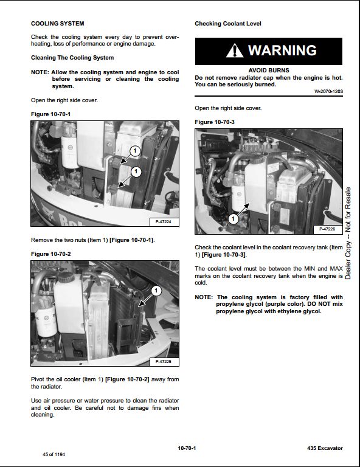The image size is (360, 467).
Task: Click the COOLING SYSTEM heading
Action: pyautogui.click(x=58, y=24)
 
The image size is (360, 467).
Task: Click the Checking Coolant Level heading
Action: pyautogui.click(x=228, y=24)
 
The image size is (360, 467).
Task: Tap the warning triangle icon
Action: pyautogui.click(x=235, y=50)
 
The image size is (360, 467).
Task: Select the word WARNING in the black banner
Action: pyautogui.click(x=282, y=50)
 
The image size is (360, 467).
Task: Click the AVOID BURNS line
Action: pyautogui.click(x=269, y=71)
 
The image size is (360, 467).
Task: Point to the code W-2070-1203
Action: pyautogui.click(x=328, y=91)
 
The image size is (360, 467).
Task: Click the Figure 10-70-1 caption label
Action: pyautogui.click(x=50, y=114)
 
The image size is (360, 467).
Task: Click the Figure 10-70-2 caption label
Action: pyautogui.click(x=50, y=254)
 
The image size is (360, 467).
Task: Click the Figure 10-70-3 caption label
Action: pyautogui.click(x=215, y=122)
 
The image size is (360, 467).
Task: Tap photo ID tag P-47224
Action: pyautogui.click(x=164, y=222)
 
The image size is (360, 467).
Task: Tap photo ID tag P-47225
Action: pyautogui.click(x=164, y=362)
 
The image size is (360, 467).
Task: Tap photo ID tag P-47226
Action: pyautogui.click(x=328, y=229)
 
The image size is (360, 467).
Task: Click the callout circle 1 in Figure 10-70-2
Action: pyautogui.click(x=156, y=291)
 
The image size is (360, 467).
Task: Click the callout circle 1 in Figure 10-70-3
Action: pyautogui.click(x=233, y=219)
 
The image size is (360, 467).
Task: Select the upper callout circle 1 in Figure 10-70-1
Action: pyautogui.click(x=135, y=151)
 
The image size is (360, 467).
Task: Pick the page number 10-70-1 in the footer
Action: pyautogui.click(x=187, y=448)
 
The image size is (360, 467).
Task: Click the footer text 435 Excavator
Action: pyautogui.click(x=325, y=448)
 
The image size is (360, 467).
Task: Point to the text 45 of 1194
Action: pyautogui.click(x=54, y=454)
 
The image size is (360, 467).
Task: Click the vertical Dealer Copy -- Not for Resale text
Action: pyautogui.click(x=348, y=233)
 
